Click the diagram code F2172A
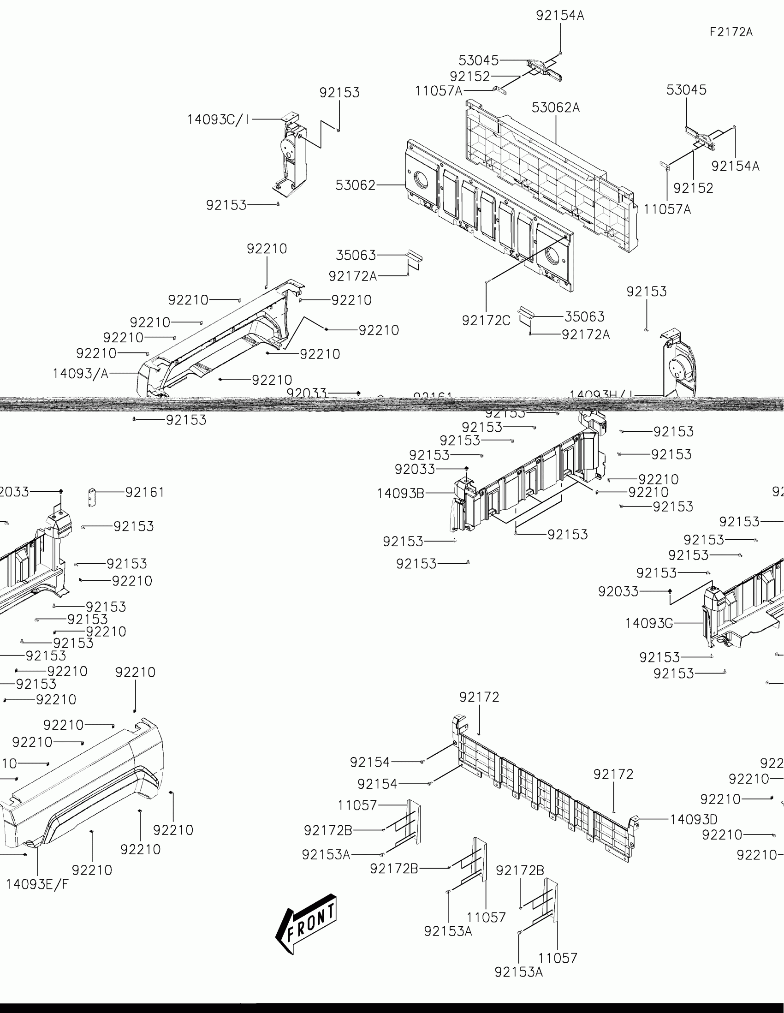[731, 32]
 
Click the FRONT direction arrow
[307, 923]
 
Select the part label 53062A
[555, 107]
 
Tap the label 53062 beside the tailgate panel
[356, 185]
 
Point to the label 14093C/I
[218, 119]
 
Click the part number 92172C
[486, 321]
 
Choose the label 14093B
[401, 493]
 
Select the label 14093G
[649, 623]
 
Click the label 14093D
[694, 819]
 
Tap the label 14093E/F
[37, 884]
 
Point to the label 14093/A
[81, 373]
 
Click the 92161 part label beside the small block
[145, 492]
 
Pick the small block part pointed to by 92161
[92, 497]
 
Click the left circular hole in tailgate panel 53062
[421, 179]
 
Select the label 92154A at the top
[560, 16]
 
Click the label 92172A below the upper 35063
[353, 276]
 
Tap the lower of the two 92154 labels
[377, 784]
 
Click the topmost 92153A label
[326, 854]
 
